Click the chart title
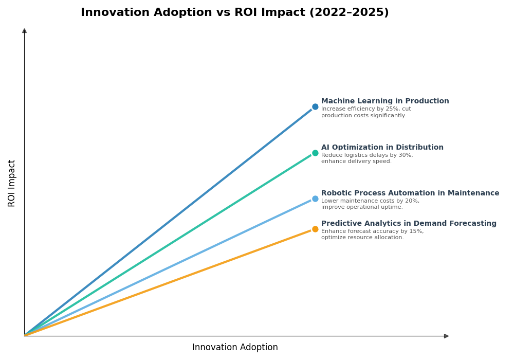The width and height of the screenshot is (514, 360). [x=234, y=13]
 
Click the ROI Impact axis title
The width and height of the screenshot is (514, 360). [x=12, y=183]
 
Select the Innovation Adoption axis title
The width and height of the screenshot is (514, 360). [x=235, y=348]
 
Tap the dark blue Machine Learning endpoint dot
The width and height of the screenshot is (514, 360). [x=315, y=107]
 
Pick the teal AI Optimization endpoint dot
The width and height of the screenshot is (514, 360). [x=315, y=153]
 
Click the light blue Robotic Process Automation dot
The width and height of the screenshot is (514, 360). [x=315, y=199]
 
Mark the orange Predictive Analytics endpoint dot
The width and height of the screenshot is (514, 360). [x=315, y=229]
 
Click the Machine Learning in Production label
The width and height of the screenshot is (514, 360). [x=385, y=101]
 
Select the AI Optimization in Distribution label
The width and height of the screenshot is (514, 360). [x=382, y=148]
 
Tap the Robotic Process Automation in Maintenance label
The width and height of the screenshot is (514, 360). [x=410, y=193]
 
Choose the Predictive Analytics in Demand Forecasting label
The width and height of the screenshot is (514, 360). [x=409, y=224]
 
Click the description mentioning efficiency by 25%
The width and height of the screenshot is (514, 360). [x=365, y=112]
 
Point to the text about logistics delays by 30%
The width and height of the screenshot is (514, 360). [x=366, y=158]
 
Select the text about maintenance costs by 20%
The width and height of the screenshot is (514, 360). [x=370, y=204]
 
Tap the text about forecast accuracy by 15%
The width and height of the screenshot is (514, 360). [x=372, y=235]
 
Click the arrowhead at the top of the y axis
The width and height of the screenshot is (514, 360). [x=24, y=31]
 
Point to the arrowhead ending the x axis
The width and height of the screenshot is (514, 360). [x=446, y=336]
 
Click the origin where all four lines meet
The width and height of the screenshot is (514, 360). [x=25, y=335]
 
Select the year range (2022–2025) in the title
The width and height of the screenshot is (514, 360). [x=348, y=13]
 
